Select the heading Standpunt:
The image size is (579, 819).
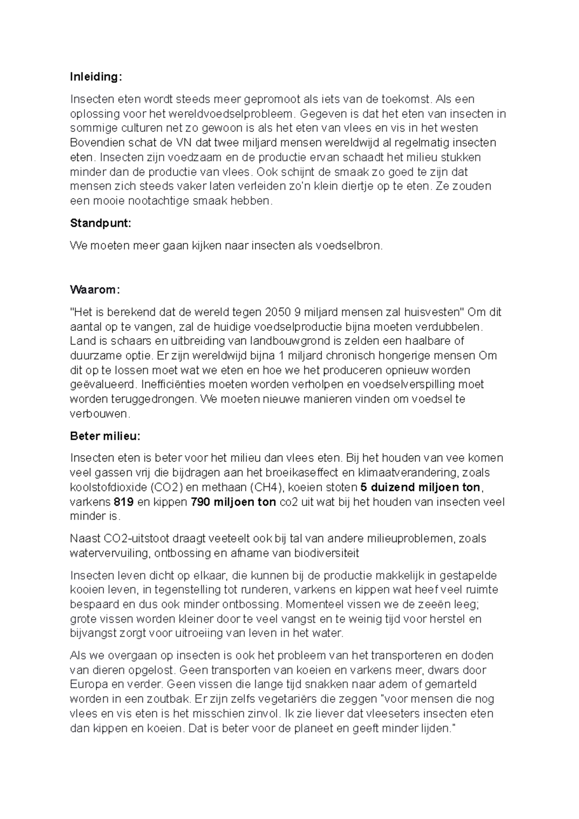(100, 223)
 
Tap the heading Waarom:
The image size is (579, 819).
(95, 290)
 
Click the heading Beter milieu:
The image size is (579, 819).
(105, 436)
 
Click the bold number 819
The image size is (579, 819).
(124, 502)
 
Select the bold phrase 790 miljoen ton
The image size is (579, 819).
(234, 502)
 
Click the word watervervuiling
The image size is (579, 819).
(109, 553)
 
